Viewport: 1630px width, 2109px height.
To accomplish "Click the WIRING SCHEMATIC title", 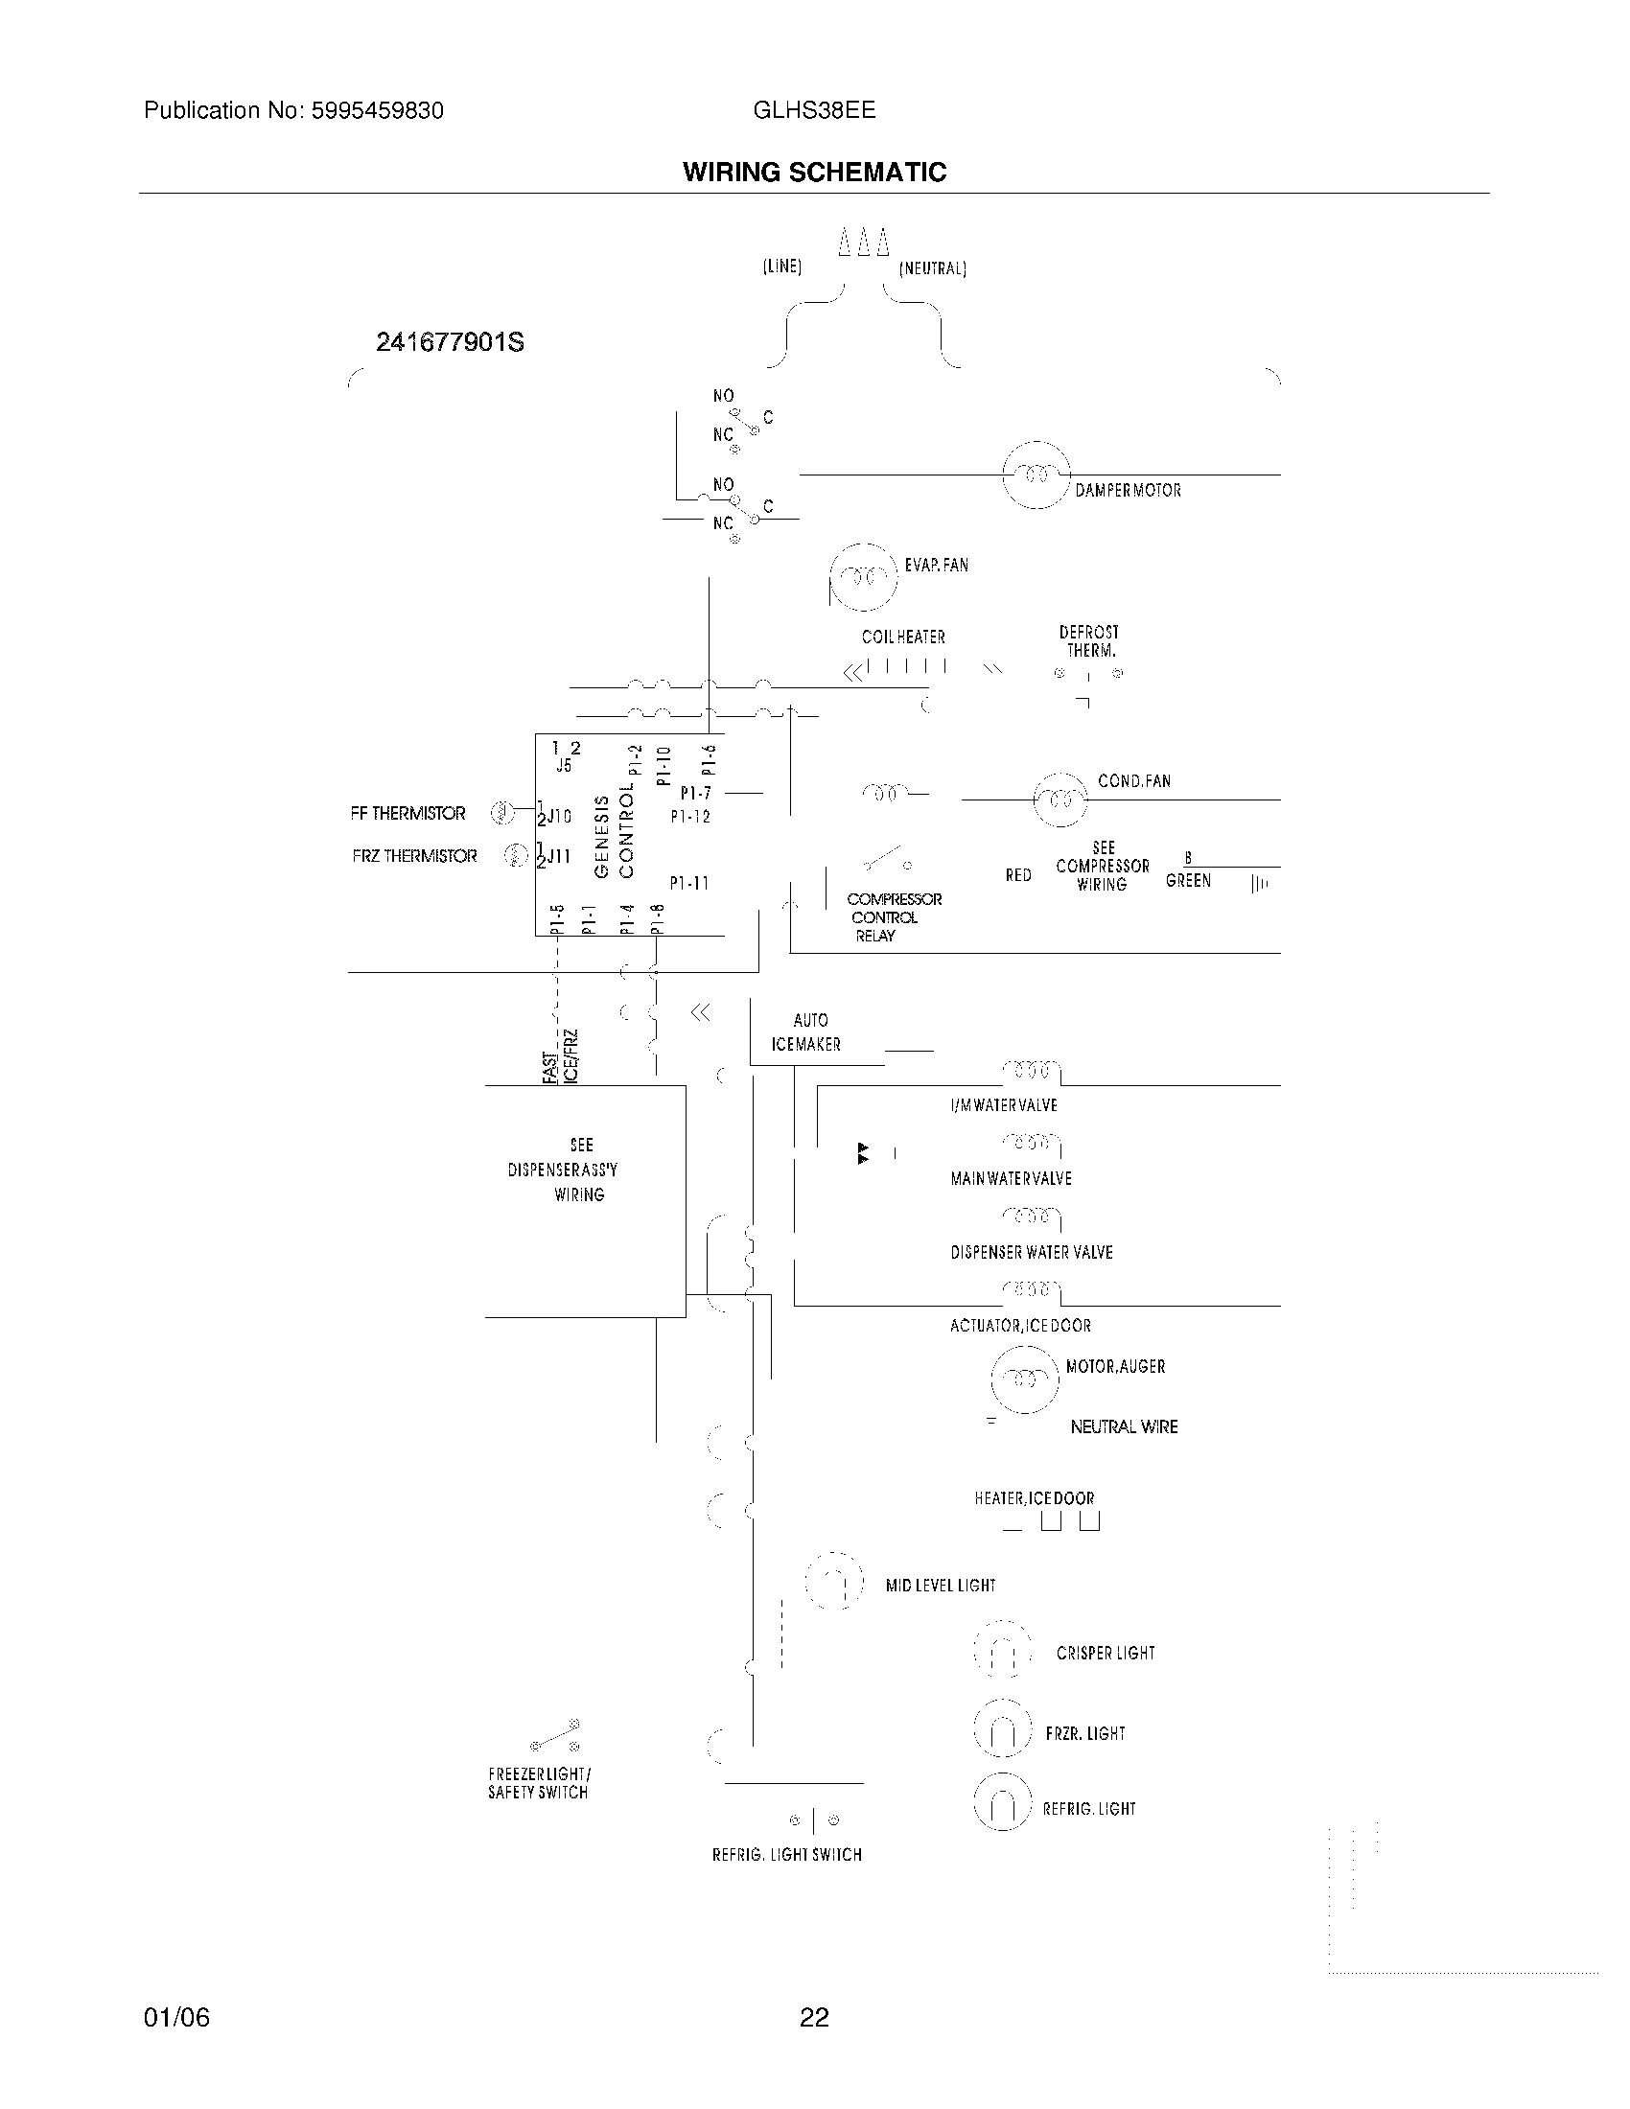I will (814, 173).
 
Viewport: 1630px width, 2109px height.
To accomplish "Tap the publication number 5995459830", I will (377, 111).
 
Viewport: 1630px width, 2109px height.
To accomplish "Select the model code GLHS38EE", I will (814, 110).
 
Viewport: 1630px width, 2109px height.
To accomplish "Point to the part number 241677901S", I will (449, 343).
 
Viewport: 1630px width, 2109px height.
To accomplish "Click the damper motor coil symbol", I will (1036, 475).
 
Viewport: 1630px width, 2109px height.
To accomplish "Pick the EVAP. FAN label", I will (936, 565).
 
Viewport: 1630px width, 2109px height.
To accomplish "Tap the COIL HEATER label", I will (903, 637).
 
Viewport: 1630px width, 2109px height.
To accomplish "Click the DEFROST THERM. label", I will (1088, 641).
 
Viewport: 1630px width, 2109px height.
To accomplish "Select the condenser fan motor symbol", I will (1060, 800).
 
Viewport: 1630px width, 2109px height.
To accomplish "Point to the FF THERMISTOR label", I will (407, 814).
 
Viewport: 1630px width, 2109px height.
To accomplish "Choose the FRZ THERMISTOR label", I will (414, 856).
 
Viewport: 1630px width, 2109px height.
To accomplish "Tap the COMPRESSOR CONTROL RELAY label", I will (894, 917).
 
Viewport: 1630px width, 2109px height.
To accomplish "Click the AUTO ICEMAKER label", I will (807, 1032).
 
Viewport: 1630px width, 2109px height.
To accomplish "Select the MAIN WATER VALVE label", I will (1011, 1179).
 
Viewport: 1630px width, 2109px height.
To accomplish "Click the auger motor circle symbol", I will (1025, 1378).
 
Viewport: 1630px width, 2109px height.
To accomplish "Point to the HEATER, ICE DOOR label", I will (1035, 1498).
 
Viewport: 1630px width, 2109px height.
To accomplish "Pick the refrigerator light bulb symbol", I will (1002, 1803).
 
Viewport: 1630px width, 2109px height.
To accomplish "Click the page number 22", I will (814, 2017).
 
